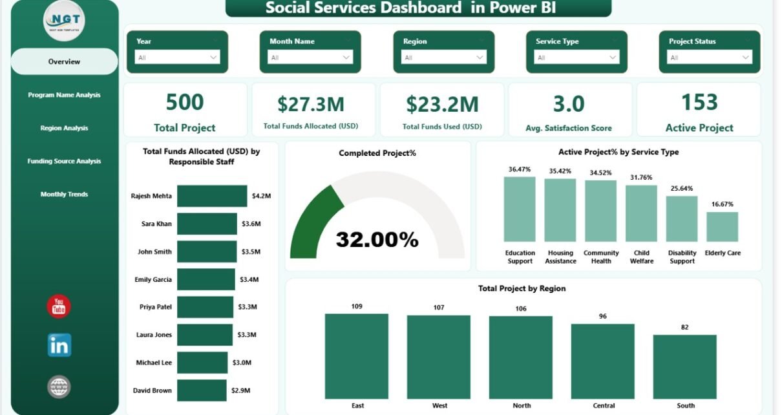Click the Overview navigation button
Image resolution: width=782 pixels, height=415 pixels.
click(x=64, y=61)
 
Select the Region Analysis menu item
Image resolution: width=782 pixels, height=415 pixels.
click(x=64, y=128)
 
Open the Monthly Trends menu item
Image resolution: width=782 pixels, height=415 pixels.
click(x=64, y=194)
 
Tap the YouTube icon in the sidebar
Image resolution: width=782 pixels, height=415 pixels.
click(x=59, y=306)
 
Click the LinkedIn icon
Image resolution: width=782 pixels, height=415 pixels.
click(x=59, y=345)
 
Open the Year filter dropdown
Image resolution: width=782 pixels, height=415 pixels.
click(x=177, y=58)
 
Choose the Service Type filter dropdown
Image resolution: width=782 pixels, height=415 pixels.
click(x=576, y=58)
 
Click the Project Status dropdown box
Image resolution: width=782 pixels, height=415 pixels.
click(x=710, y=58)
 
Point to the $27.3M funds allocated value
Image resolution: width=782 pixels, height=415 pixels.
click(x=311, y=104)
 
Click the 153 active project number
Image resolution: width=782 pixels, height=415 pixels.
click(x=699, y=102)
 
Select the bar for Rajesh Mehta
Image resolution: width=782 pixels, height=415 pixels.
click(x=212, y=196)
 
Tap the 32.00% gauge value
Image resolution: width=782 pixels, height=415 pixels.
click(x=377, y=240)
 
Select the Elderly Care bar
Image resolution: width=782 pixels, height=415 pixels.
click(x=722, y=227)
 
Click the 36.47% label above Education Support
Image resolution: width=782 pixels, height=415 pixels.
click(x=520, y=169)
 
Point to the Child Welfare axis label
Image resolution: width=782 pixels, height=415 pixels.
click(x=642, y=257)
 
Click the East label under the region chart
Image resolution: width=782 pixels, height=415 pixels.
click(x=357, y=405)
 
